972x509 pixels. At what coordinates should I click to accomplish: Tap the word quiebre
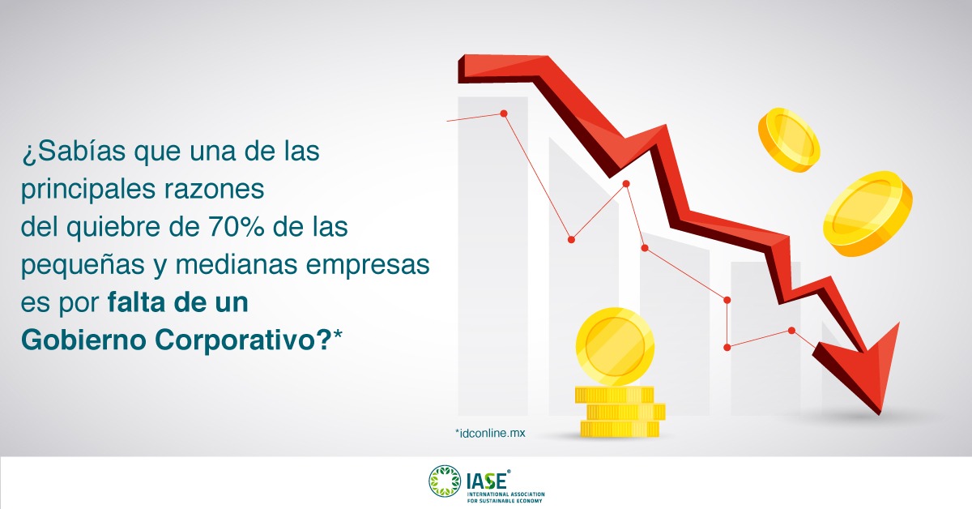click(x=117, y=228)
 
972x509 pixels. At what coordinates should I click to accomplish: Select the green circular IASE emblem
click(x=444, y=481)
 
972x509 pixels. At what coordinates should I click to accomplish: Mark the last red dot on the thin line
click(x=792, y=330)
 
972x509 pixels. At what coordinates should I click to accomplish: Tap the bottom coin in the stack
click(x=619, y=429)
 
